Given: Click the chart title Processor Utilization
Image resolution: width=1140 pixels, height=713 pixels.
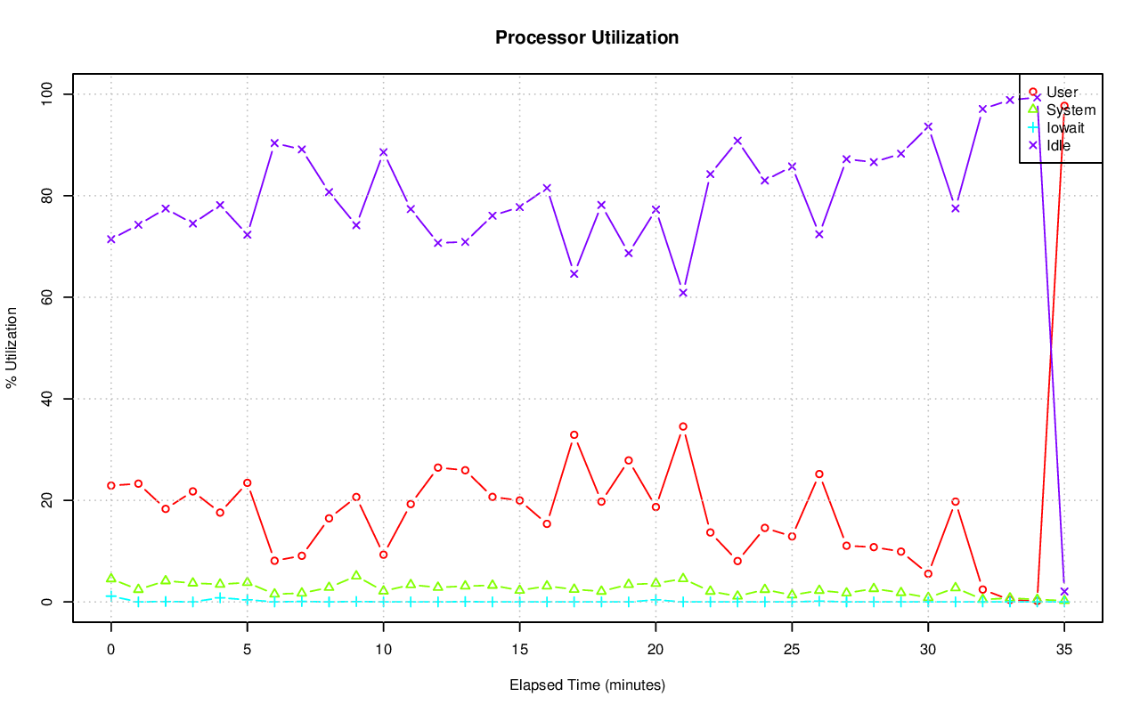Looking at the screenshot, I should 587,37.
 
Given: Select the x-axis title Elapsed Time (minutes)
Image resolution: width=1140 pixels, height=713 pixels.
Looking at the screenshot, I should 587,685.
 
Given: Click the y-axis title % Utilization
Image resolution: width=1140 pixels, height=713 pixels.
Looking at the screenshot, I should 12,347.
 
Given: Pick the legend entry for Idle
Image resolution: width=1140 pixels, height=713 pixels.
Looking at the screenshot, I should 1058,145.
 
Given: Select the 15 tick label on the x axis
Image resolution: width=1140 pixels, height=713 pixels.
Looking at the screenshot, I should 519,651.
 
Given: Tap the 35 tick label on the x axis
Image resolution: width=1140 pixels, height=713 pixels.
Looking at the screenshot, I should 1063,651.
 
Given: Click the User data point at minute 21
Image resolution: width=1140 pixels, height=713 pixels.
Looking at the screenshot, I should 683,426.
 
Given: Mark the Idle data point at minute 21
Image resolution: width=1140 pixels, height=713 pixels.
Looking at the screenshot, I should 683,293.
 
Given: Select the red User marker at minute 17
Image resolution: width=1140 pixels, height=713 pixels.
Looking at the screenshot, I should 574,434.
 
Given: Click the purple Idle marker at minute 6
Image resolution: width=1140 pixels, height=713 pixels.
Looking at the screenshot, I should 274,142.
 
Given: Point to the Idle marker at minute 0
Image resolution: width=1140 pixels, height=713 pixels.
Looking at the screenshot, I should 111,239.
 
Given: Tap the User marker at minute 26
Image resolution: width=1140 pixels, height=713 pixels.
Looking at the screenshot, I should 819,474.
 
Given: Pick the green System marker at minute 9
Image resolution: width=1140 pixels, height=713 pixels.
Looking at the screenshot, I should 356,576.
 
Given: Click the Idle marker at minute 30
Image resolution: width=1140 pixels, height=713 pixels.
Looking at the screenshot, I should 928,126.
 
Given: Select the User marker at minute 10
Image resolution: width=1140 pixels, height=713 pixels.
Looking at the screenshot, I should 384,555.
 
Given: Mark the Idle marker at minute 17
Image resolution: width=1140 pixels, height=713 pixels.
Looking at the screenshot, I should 574,273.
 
